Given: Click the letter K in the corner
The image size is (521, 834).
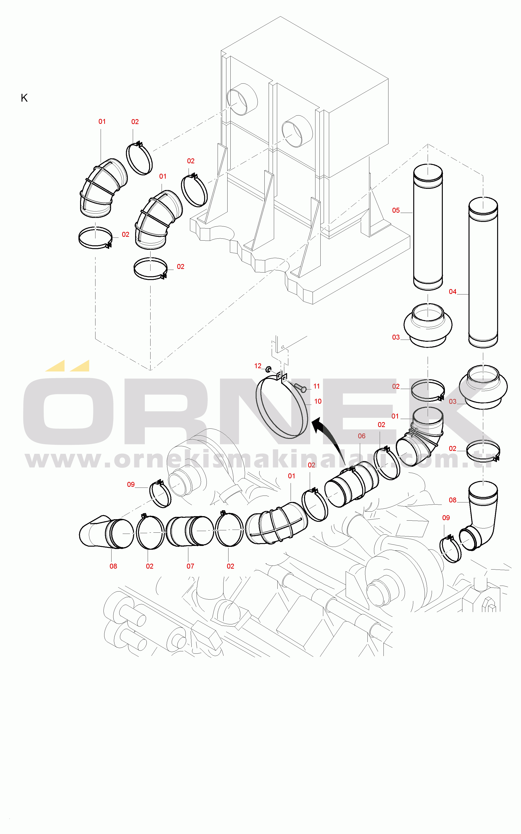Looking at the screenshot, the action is (24, 98).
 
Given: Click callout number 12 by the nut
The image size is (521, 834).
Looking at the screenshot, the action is (258, 366).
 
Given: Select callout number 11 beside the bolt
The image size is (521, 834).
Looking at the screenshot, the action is (316, 386).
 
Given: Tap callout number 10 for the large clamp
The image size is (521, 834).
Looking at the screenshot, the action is (318, 401).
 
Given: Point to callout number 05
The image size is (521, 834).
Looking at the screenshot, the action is (396, 210).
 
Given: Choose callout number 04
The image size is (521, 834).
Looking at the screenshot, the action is (452, 292).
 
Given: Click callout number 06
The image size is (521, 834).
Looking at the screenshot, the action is (362, 436).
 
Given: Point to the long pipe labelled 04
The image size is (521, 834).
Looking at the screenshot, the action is (483, 272).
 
